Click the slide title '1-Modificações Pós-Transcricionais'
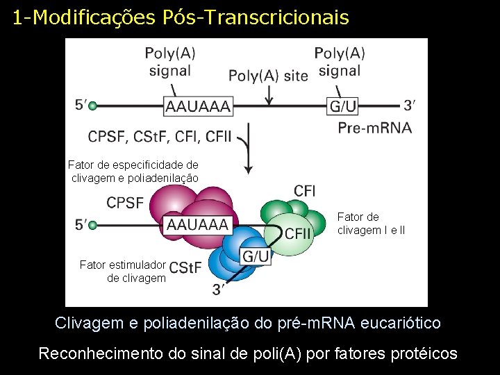point(181,17)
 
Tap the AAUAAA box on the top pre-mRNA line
point(198,106)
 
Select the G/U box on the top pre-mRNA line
point(343,106)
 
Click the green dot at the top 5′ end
point(92,106)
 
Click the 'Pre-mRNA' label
point(374,127)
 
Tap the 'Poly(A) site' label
point(268,76)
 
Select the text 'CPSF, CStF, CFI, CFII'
point(160,137)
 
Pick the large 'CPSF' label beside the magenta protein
point(125,203)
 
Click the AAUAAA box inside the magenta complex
point(198,225)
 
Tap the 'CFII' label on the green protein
point(298,233)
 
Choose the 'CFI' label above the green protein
point(305,190)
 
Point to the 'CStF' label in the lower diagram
point(185,267)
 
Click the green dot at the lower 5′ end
point(92,225)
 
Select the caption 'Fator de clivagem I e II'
point(371,224)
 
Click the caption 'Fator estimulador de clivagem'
point(123,272)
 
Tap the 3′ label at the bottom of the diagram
point(218,290)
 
